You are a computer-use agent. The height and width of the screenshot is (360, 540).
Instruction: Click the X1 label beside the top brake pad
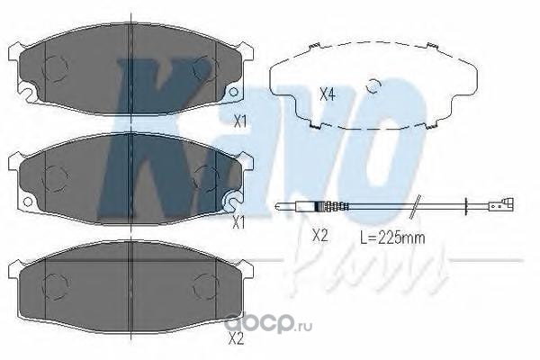(x=240, y=121)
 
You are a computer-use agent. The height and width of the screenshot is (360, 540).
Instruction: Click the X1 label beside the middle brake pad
(x=238, y=222)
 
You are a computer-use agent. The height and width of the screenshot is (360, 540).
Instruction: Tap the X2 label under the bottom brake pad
(x=236, y=340)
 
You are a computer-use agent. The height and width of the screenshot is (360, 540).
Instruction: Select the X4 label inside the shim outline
(x=328, y=94)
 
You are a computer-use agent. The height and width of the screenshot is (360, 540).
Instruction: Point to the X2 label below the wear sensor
(x=319, y=236)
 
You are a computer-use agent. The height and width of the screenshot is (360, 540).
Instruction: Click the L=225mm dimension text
(x=392, y=238)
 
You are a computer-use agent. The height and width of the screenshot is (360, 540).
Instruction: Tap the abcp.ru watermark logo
(x=268, y=324)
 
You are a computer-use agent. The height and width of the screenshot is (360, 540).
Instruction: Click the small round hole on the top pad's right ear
(x=233, y=92)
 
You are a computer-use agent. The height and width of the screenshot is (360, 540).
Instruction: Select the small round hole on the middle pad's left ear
(x=28, y=202)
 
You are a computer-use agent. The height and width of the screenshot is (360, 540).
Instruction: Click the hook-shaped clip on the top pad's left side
(x=26, y=91)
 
